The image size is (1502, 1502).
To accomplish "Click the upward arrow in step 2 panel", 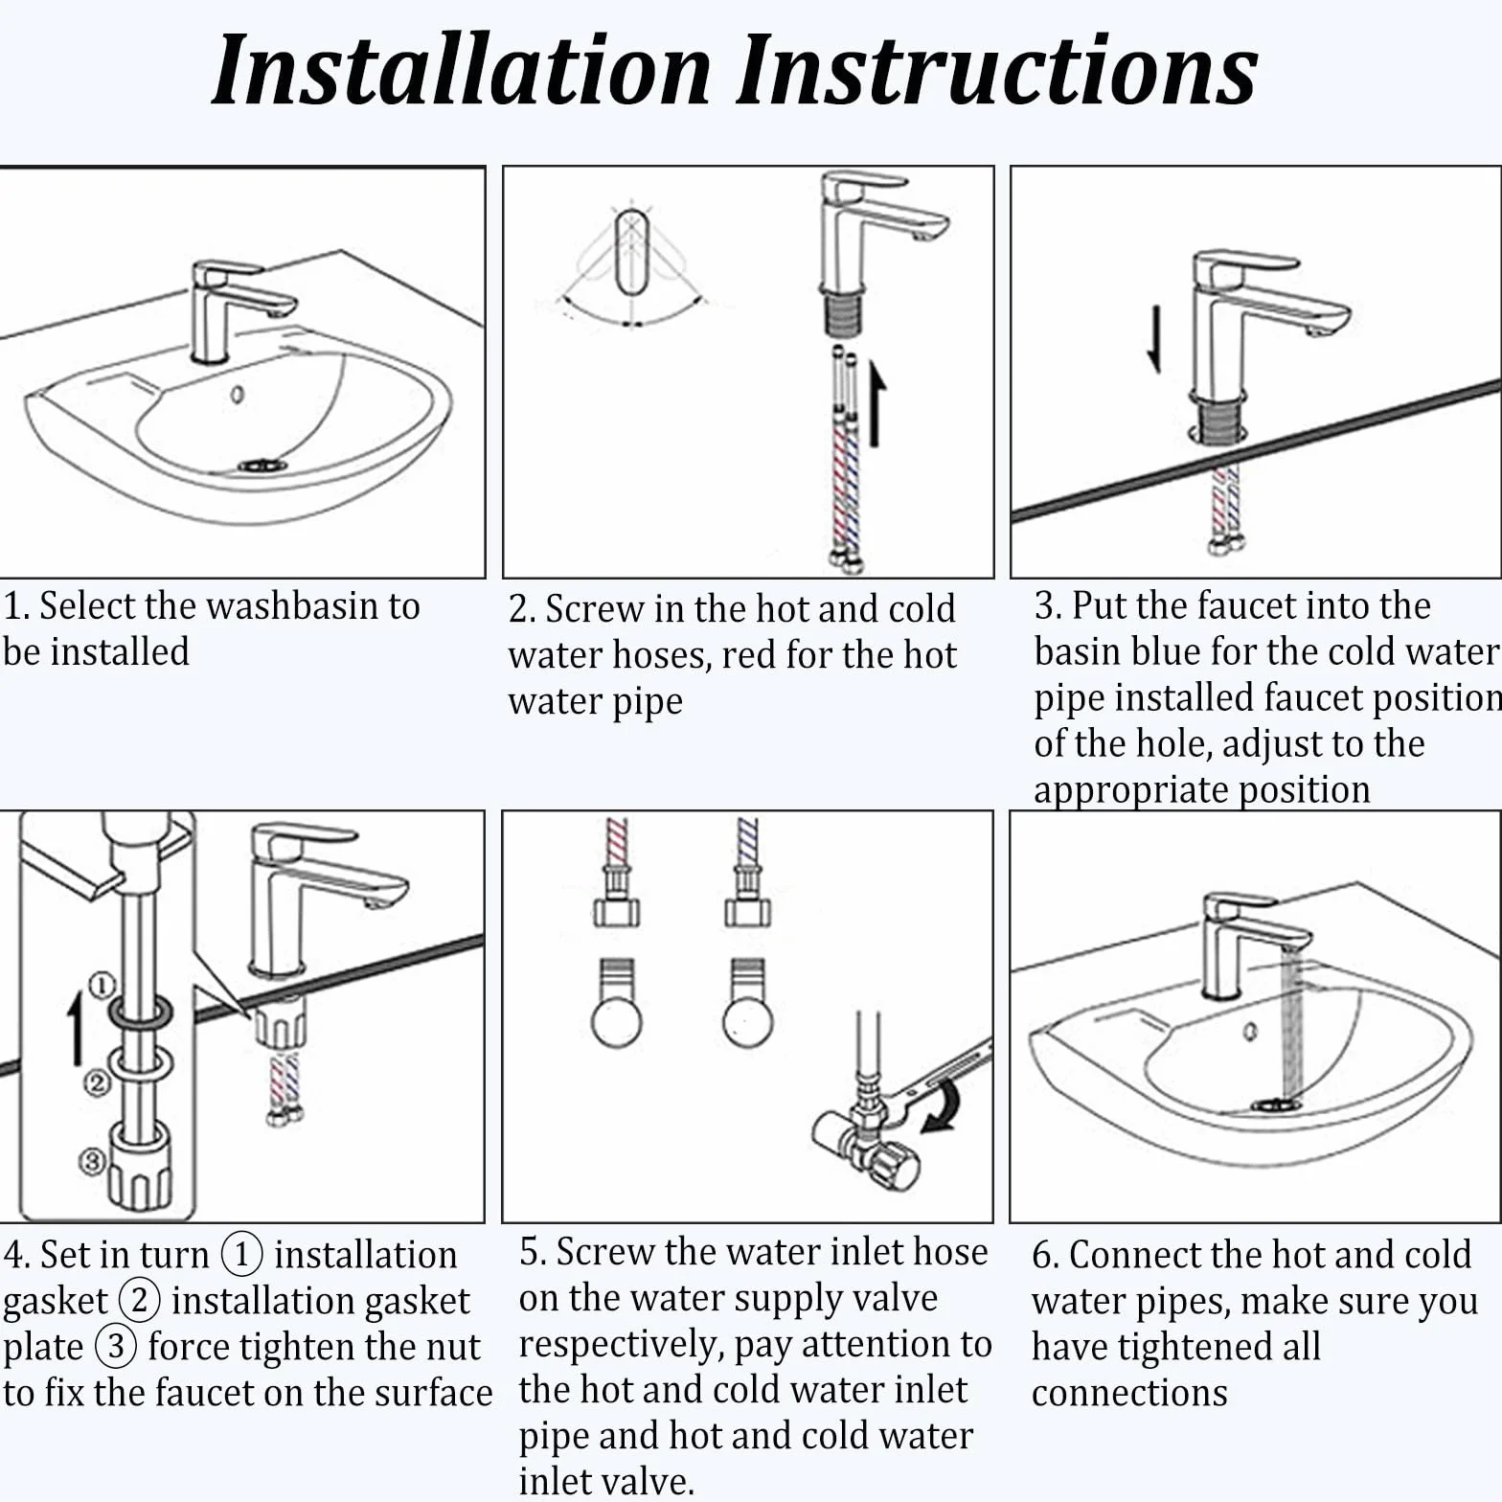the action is point(876,403).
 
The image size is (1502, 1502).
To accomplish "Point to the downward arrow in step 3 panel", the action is point(1155,338).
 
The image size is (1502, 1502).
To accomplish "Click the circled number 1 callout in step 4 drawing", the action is point(102,985).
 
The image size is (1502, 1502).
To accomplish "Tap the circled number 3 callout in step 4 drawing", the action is point(91,1161).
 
